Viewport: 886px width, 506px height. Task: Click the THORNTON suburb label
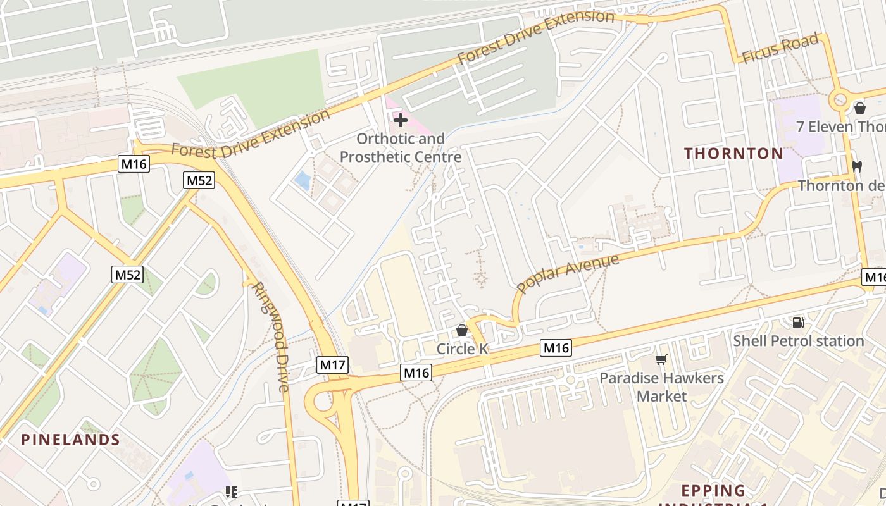pos(733,154)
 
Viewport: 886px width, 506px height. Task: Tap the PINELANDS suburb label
pos(71,440)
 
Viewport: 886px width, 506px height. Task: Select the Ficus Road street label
pos(780,49)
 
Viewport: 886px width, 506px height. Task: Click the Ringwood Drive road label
pos(270,336)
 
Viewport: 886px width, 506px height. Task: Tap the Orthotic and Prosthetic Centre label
pos(400,147)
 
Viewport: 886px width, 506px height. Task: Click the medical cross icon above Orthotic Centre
pos(400,120)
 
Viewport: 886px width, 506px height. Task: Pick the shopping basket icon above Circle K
pos(461,330)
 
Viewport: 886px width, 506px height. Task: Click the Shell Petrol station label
pos(798,342)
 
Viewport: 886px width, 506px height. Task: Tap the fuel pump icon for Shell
pos(798,323)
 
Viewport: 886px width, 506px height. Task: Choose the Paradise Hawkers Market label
pos(661,387)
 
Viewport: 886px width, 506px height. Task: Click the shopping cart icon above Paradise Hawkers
pos(661,360)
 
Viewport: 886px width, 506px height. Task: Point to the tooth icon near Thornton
pos(858,167)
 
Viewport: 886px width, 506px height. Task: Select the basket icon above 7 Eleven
pos(859,108)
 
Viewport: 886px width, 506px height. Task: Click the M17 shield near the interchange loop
pos(332,364)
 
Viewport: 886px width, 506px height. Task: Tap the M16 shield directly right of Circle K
pos(556,347)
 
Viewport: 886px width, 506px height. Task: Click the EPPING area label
pos(713,491)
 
